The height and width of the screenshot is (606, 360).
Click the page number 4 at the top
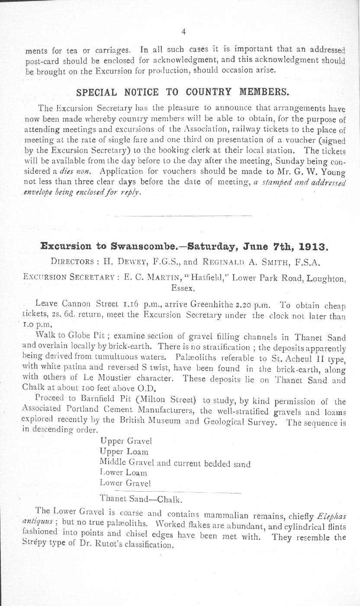[x=184, y=31]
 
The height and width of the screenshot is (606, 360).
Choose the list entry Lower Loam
[x=123, y=473]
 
